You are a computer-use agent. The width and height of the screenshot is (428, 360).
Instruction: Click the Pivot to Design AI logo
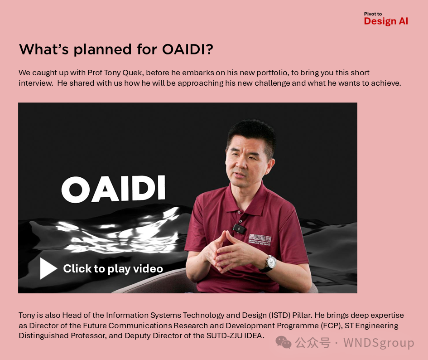tap(385, 19)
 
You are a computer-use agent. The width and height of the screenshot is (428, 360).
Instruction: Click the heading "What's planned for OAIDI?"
tap(116, 49)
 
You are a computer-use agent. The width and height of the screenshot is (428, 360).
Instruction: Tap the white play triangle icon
tap(48, 268)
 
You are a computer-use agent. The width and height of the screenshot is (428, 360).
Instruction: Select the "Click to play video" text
tap(113, 269)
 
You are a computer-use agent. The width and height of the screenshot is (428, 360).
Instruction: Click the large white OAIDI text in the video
tap(113, 189)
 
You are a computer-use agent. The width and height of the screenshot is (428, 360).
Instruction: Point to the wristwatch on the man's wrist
tap(270, 263)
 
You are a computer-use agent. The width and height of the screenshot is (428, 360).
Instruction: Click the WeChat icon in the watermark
tap(284, 343)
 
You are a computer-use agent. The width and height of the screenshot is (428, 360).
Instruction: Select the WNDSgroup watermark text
tap(378, 343)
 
